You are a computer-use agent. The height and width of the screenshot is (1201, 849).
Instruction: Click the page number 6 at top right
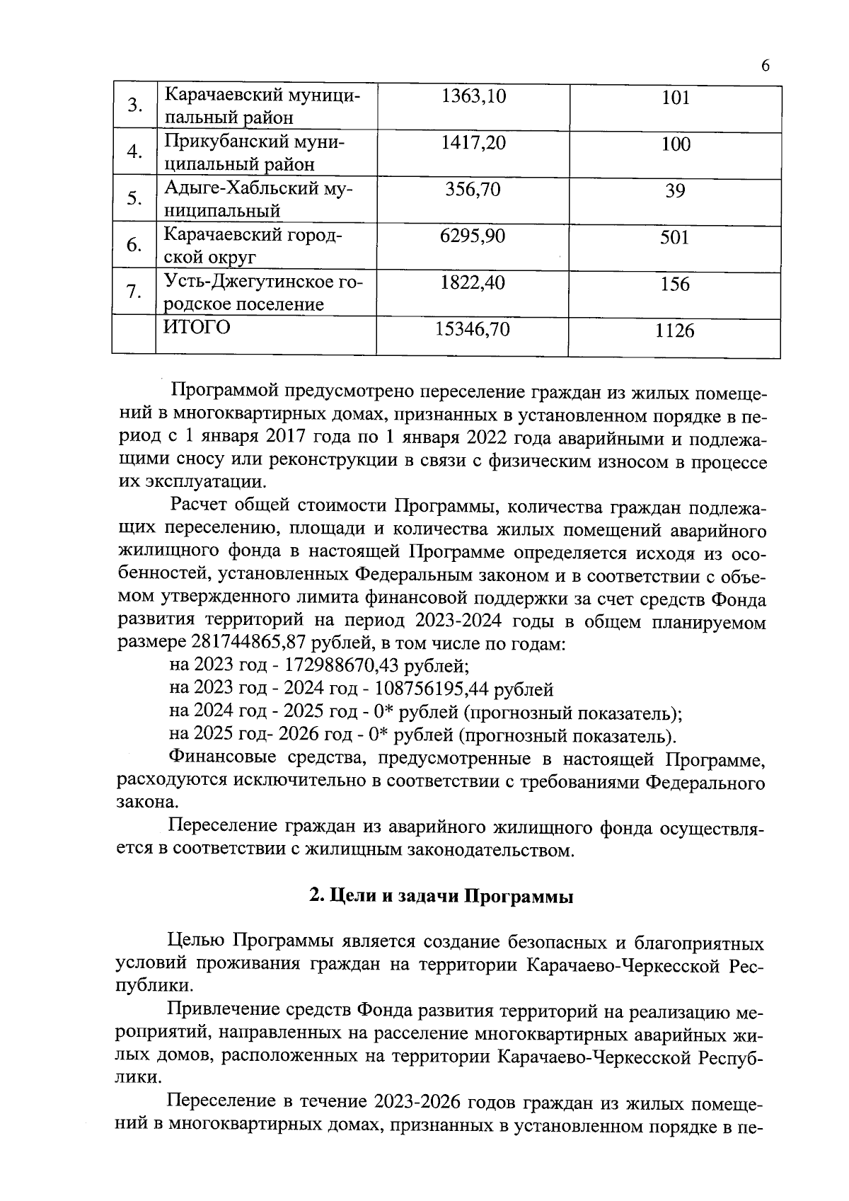pos(765,66)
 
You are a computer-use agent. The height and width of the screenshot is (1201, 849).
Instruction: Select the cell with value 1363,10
pos(473,97)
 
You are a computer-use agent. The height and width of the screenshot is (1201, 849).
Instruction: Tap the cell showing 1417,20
pos(473,144)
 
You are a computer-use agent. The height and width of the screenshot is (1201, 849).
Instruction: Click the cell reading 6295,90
pos(473,236)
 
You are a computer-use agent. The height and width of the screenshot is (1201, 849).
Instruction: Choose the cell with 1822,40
pos(473,283)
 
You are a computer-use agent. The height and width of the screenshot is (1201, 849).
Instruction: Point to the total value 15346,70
pos(473,329)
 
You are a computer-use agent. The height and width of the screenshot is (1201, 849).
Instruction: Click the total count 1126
pos(674,331)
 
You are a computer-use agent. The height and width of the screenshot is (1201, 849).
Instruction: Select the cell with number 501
pos(674,238)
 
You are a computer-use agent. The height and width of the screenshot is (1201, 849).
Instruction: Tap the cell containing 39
pos(674,191)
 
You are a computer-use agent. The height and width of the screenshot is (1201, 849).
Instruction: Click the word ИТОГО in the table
pos(197,328)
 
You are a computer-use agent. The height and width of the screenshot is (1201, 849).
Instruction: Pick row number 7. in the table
pos(134,292)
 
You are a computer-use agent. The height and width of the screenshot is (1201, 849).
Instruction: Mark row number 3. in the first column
pos(134,106)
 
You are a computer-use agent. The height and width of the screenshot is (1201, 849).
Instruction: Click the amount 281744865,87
pos(259,643)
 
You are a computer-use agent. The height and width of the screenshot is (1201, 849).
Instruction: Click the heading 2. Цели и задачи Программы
pos(441,897)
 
